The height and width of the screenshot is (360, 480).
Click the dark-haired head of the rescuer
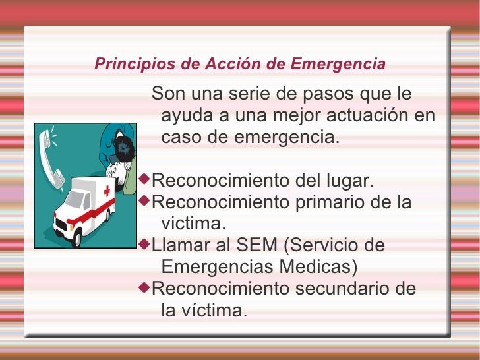[x=123, y=151]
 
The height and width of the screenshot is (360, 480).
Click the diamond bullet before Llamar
[x=146, y=245]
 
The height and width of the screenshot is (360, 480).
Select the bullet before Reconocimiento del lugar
[x=146, y=180]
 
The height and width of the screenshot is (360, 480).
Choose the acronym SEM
[x=255, y=246]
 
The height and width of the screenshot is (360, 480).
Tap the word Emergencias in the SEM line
[x=224, y=267]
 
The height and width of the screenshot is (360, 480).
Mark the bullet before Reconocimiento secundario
[x=146, y=288]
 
